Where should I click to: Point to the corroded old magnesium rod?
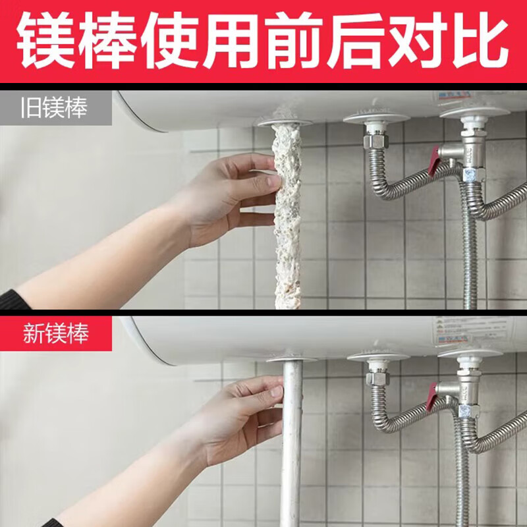click(x=287, y=217)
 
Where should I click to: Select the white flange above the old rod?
click(x=284, y=123)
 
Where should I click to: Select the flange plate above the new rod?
click(x=291, y=359)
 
